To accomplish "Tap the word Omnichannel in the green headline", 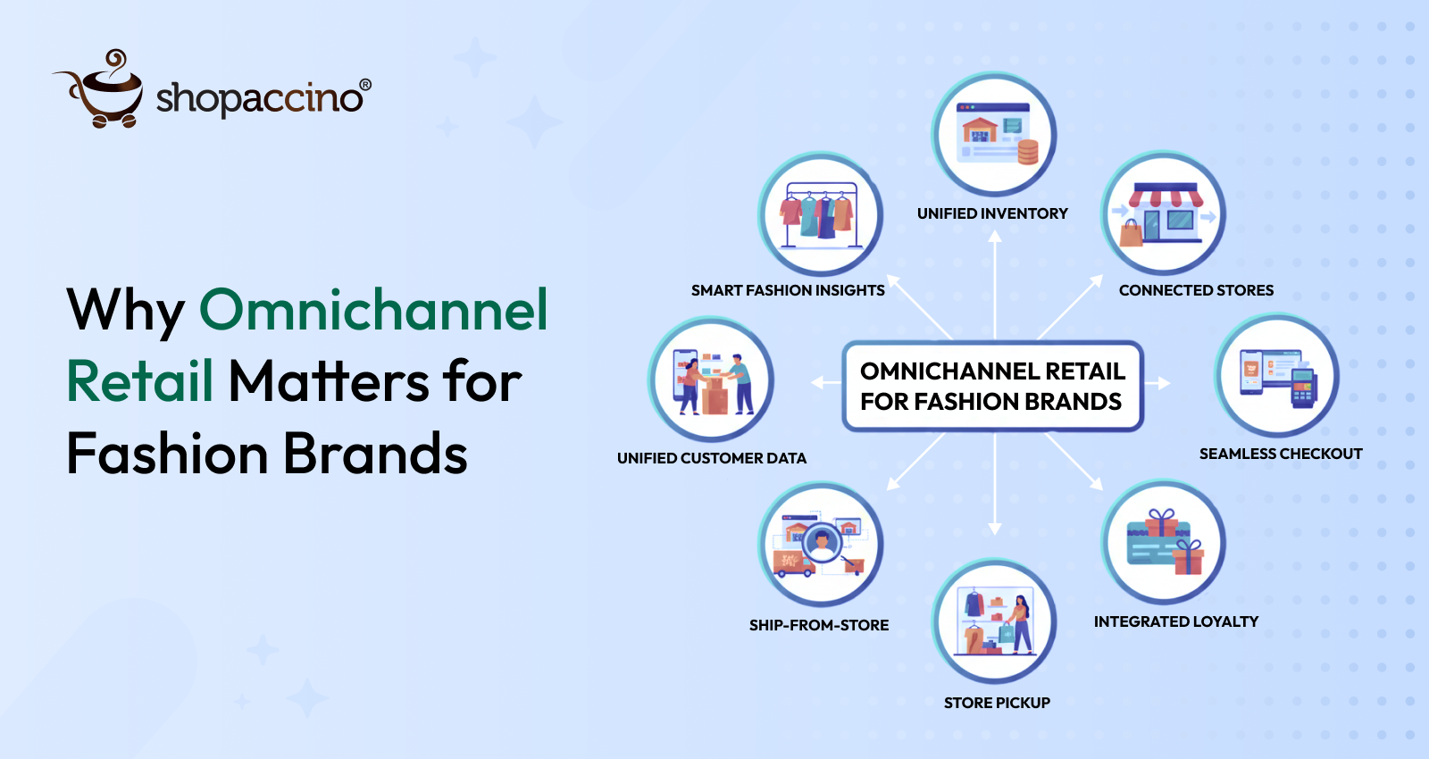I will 373,310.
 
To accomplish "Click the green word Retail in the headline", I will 140,381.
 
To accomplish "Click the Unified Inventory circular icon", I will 994,135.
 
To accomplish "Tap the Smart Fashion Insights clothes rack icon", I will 820,214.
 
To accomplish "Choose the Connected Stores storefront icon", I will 1163,213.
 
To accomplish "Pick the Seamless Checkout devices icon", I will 1276,376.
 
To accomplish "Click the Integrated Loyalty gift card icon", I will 1163,543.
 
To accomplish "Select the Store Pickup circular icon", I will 994,621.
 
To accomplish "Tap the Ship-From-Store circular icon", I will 820,544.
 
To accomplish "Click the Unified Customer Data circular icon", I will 711,380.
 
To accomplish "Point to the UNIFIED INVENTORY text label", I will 992,213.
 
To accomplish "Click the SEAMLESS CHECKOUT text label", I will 1281,454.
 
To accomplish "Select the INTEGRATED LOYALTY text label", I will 1176,621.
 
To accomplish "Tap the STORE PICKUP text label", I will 997,703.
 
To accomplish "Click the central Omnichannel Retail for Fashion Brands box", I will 992,386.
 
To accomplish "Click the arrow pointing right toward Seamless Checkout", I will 1157,383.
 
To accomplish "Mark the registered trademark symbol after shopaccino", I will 365,85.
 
